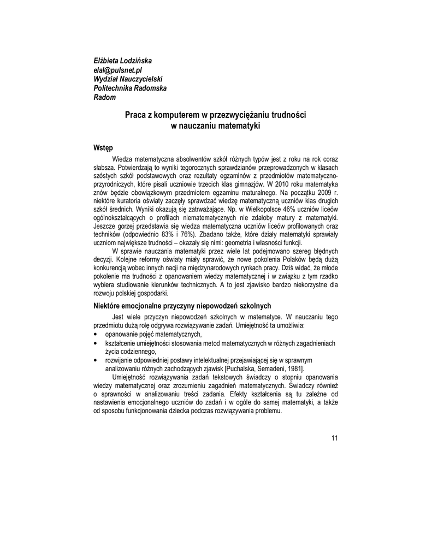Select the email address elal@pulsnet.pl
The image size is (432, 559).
(118, 70)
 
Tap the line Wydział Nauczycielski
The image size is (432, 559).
(129, 79)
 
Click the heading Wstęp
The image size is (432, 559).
(103, 148)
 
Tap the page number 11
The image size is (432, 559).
(334, 437)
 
